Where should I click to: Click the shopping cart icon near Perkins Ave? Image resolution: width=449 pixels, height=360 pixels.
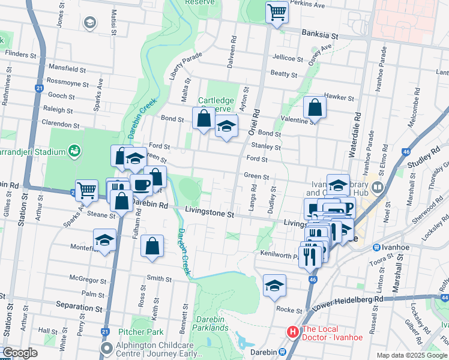[276, 11]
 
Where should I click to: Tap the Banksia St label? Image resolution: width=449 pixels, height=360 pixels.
[320, 35]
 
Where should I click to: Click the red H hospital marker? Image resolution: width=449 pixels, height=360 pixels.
[293, 331]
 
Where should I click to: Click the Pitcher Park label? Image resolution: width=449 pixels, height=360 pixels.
[141, 332]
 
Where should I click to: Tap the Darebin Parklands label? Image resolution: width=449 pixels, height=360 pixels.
[206, 324]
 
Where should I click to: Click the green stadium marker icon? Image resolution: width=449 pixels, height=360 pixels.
[74, 149]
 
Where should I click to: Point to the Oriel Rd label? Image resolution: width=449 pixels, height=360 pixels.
[256, 118]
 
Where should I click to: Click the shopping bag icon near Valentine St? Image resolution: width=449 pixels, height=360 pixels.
[315, 108]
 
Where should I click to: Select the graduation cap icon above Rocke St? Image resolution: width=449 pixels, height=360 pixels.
[274, 286]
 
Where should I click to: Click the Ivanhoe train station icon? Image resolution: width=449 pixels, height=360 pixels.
[376, 247]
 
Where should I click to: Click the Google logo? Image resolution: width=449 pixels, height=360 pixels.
[20, 353]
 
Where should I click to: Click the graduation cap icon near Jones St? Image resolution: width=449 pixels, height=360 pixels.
[90, 23]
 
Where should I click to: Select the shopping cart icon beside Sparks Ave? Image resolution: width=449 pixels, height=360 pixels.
[86, 190]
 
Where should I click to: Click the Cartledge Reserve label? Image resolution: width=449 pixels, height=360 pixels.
[214, 104]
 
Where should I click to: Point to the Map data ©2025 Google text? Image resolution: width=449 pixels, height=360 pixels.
[411, 355]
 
